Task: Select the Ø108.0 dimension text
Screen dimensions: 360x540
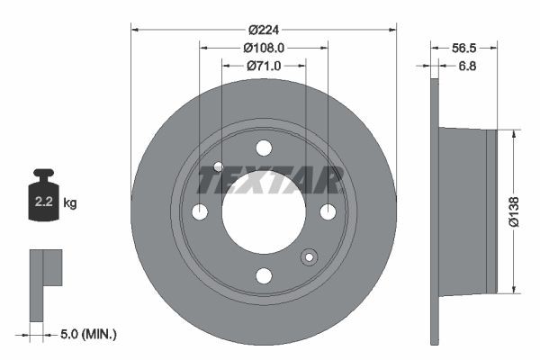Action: click(x=264, y=47)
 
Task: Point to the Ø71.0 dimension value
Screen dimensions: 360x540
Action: click(x=264, y=66)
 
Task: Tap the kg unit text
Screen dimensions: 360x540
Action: click(x=70, y=202)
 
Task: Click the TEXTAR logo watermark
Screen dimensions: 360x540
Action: click(x=270, y=180)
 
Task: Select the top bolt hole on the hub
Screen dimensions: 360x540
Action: click(x=264, y=148)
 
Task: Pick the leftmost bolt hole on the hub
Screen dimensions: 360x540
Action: click(x=200, y=211)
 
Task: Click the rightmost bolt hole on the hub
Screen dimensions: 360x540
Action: click(x=328, y=211)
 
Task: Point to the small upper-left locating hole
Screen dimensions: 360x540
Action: click(x=219, y=166)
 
